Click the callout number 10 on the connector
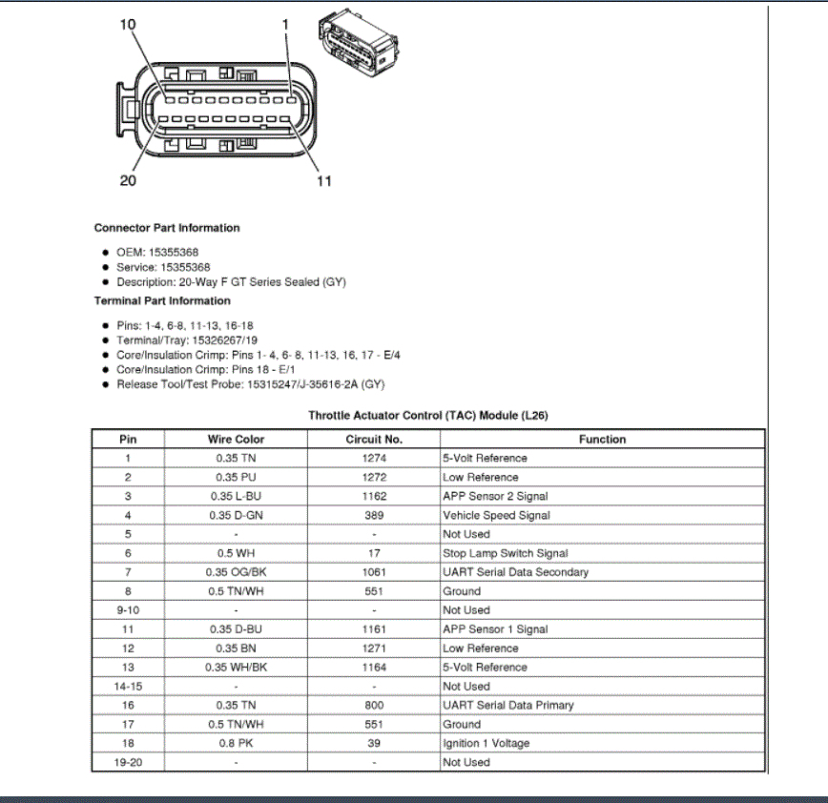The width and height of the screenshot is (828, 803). click(128, 25)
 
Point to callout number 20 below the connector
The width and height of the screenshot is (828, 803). click(128, 180)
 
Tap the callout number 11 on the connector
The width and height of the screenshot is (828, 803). click(323, 180)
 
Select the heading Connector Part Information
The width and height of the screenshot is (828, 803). click(167, 228)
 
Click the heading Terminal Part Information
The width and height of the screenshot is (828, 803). click(162, 300)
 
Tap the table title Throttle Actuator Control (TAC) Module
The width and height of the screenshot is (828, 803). click(427, 416)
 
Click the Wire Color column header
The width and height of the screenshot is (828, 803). click(236, 440)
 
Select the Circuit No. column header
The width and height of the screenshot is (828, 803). click(374, 440)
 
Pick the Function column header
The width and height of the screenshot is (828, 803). click(602, 440)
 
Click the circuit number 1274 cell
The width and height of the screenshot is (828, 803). click(374, 458)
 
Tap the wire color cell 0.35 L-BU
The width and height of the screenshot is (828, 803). click(236, 496)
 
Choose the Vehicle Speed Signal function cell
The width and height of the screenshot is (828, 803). click(496, 515)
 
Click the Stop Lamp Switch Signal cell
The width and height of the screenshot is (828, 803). click(505, 553)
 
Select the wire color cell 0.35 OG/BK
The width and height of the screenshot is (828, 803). click(236, 572)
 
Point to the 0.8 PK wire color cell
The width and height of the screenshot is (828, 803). click(236, 743)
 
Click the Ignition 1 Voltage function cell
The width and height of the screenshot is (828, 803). click(486, 743)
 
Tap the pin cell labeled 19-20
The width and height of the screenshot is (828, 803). click(128, 762)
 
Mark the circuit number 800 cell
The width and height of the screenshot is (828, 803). click(374, 705)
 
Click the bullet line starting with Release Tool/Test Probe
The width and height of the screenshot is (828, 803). click(251, 384)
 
